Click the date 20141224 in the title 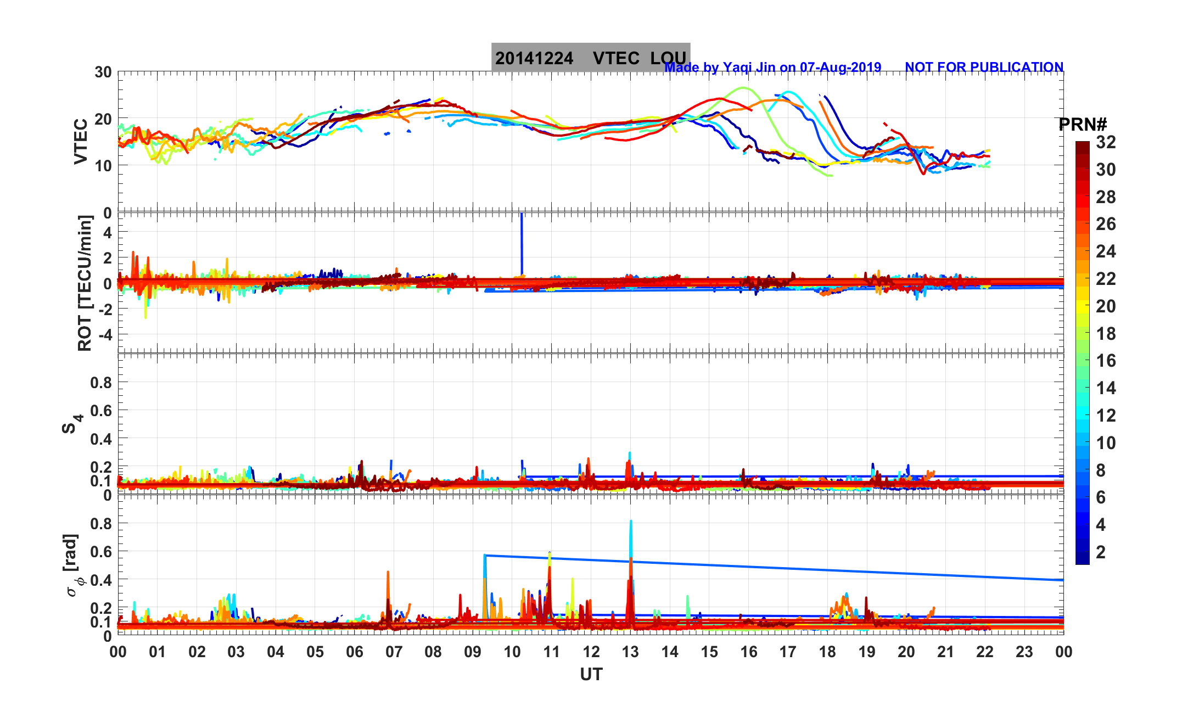coord(534,58)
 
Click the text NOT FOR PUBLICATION coord(984,67)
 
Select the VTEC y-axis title coord(81,142)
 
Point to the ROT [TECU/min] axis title coord(85,283)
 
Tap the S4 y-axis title coord(72,424)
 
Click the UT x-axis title coord(591,674)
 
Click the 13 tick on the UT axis coord(630,652)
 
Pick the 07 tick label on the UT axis coord(394,652)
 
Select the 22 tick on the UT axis coord(985,652)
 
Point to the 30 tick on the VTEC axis coord(103,72)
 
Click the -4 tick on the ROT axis coord(104,334)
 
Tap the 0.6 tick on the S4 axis coord(101,411)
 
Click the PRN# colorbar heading coord(1083,125)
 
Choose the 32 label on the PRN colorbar coord(1106,143)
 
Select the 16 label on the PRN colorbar coord(1106,361)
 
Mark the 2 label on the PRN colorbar coord(1101,552)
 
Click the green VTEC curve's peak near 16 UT coord(743,88)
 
